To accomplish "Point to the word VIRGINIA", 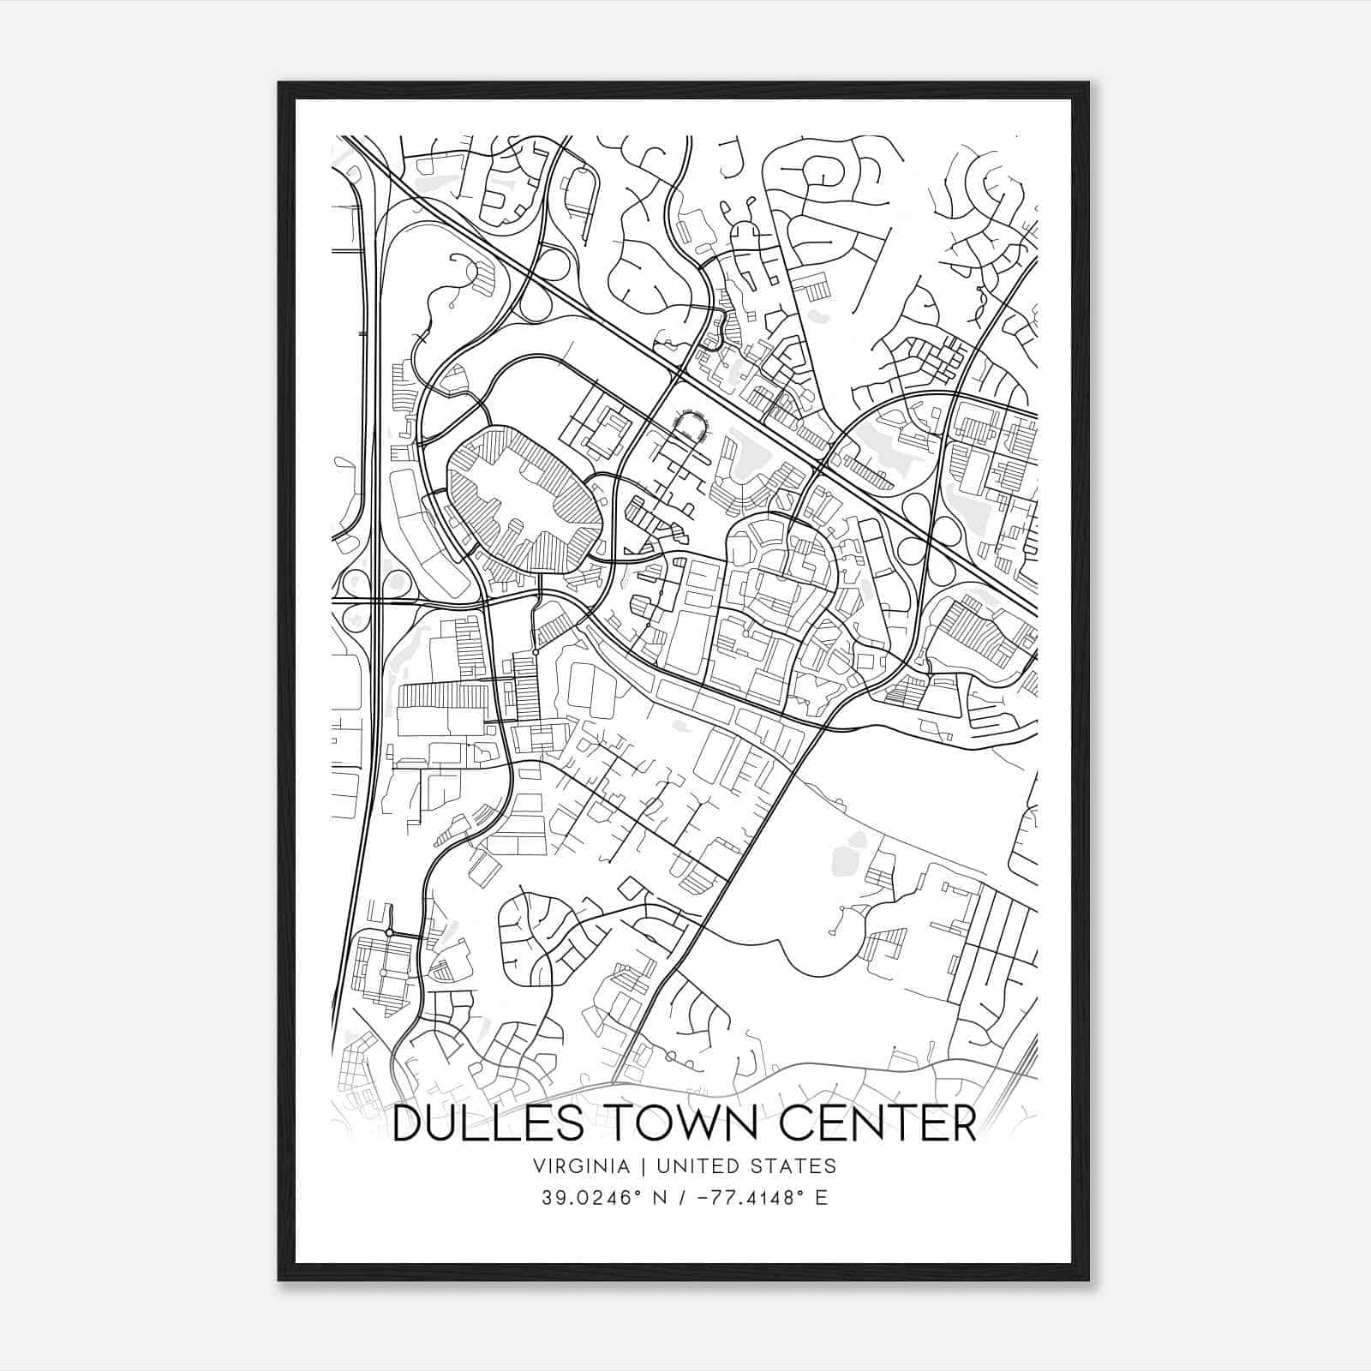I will pos(582,1166).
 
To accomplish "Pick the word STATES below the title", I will pos(794,1166).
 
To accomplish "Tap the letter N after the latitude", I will pos(659,1197).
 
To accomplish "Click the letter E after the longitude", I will pos(821,1197).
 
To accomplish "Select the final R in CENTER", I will pos(963,1124).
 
